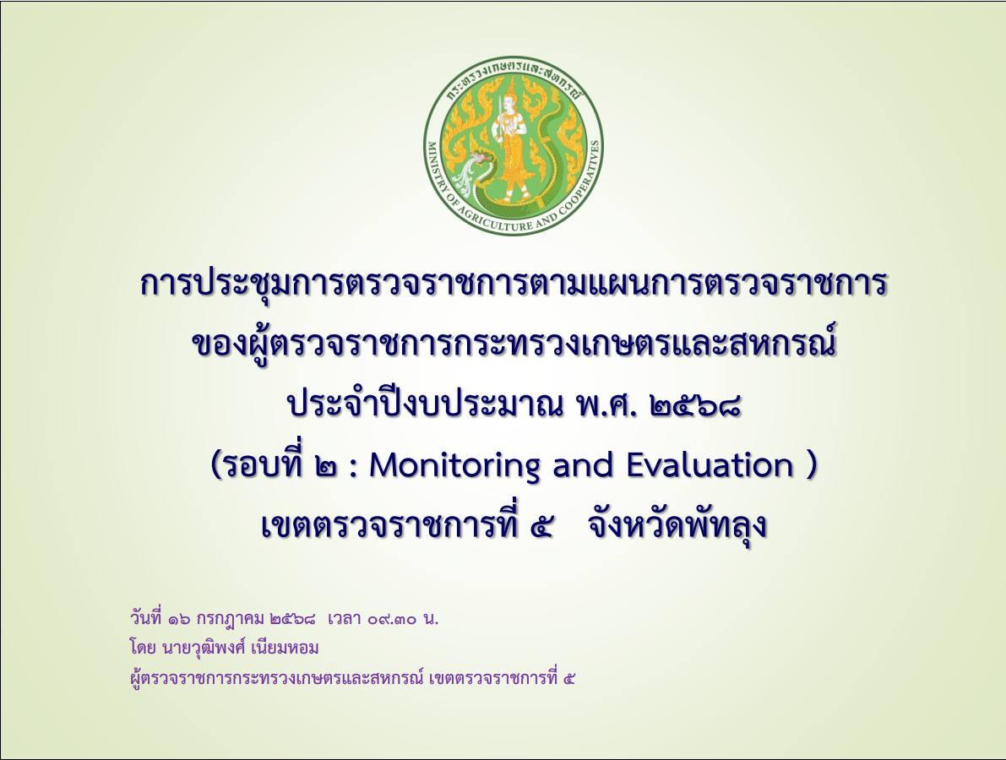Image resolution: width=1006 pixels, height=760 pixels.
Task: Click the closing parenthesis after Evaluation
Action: (x=812, y=466)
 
